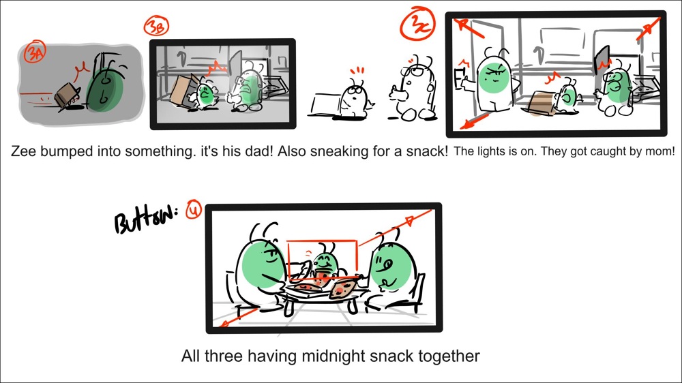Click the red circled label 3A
click(33, 52)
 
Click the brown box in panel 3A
click(68, 96)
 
